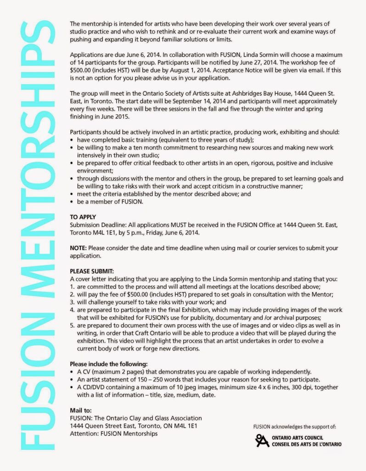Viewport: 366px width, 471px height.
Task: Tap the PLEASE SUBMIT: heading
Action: point(92,271)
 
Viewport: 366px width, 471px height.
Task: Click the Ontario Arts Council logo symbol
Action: point(262,440)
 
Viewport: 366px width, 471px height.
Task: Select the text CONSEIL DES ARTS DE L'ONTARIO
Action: point(306,444)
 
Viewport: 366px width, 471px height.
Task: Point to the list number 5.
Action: point(72,324)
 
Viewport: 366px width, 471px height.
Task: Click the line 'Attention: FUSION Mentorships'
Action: point(113,434)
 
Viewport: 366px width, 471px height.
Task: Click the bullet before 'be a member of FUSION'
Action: point(72,202)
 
